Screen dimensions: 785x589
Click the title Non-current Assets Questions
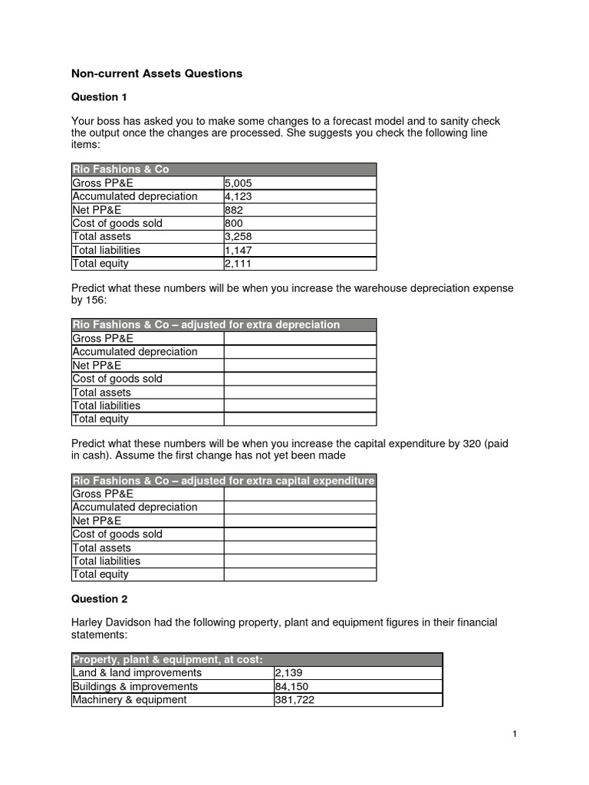[156, 74]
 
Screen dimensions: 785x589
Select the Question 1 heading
[100, 97]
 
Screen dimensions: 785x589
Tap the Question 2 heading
[100, 599]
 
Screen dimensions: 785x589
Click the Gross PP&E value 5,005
[239, 183]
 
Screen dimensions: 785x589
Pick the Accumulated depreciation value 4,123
[239, 196]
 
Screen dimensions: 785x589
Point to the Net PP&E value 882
[233, 210]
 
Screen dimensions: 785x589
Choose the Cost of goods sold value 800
[233, 223]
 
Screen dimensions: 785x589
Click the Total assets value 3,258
[239, 237]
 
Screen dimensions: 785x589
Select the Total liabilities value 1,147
[239, 250]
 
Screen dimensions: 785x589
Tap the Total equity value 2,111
[239, 264]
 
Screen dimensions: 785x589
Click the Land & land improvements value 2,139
[289, 672]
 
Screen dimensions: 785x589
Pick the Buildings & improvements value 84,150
[292, 686]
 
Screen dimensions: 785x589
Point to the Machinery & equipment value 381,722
[295, 699]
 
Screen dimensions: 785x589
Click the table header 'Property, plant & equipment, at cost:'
[168, 659]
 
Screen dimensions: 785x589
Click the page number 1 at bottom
[515, 734]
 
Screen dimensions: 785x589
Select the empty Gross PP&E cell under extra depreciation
[300, 338]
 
